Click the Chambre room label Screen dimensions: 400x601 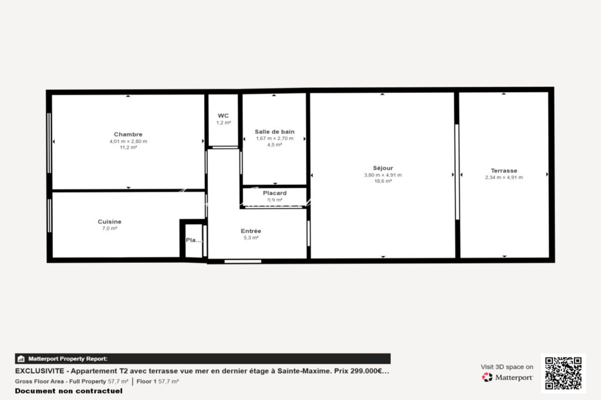click(x=128, y=134)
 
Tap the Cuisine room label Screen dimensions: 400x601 click(x=110, y=222)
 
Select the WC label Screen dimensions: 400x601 click(x=224, y=116)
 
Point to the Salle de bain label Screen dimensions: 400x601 click(x=275, y=131)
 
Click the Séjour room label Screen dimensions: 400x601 click(x=383, y=168)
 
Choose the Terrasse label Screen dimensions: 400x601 click(x=504, y=171)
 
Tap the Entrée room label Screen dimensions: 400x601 click(x=251, y=231)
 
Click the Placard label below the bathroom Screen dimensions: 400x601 click(x=275, y=193)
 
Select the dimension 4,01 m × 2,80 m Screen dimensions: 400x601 click(x=128, y=141)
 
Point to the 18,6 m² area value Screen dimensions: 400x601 click(x=383, y=181)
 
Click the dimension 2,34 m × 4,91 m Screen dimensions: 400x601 click(x=504, y=177)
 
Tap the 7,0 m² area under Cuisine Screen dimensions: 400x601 click(x=110, y=228)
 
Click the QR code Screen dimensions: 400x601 click(x=563, y=373)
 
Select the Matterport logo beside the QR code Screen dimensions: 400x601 click(x=508, y=377)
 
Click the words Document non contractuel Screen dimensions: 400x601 click(x=69, y=391)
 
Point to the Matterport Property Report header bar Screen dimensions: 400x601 click(x=202, y=358)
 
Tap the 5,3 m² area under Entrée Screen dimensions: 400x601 click(x=251, y=238)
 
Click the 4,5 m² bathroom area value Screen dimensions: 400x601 click(x=275, y=144)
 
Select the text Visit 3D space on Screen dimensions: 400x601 click(x=507, y=367)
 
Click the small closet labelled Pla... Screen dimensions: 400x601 click(x=193, y=240)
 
